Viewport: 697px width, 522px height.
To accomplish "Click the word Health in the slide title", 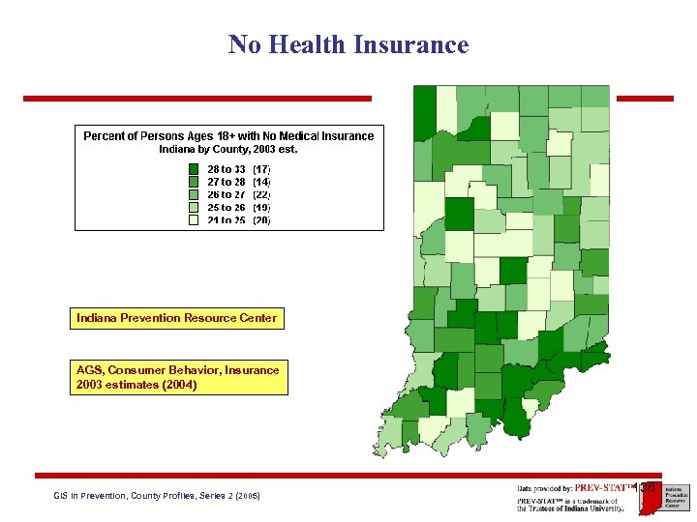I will pyautogui.click(x=310, y=45).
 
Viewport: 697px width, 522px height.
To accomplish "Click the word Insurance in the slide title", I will pyautogui.click(x=411, y=45).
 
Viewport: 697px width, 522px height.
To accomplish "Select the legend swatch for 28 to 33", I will pyautogui.click(x=194, y=168).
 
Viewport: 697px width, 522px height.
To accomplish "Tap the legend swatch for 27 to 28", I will pyautogui.click(x=194, y=181).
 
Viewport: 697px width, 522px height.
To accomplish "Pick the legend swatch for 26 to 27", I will pyautogui.click(x=194, y=194).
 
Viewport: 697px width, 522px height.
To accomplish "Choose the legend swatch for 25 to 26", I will pyautogui.click(x=194, y=207).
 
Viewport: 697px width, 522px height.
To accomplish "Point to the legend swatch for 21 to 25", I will pyautogui.click(x=194, y=219).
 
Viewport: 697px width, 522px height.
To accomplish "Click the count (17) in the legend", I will pyautogui.click(x=261, y=168).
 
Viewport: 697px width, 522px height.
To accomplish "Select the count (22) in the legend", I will pyautogui.click(x=261, y=194).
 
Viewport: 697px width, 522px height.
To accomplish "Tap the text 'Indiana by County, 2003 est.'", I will pyautogui.click(x=228, y=150).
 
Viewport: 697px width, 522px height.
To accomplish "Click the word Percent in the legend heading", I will pyautogui.click(x=104, y=136).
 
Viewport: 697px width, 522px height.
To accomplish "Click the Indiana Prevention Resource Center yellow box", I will pyautogui.click(x=177, y=318).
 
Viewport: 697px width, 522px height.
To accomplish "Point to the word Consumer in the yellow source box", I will pyautogui.click(x=142, y=370).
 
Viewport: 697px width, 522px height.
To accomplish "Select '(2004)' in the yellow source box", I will pyautogui.click(x=180, y=385).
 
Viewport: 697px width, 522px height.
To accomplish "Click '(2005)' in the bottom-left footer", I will pyautogui.click(x=246, y=496).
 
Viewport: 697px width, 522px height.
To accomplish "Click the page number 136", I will pyautogui.click(x=648, y=487).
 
